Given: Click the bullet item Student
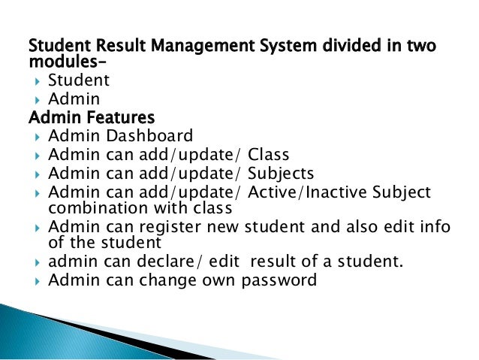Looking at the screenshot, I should coord(79,80).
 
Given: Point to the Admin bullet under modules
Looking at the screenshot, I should coord(74,98).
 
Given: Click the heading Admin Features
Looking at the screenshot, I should coord(91,117).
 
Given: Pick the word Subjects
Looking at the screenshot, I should coord(282,174).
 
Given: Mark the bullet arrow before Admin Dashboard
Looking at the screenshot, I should coord(37,137).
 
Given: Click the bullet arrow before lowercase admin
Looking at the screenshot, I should coord(37,262).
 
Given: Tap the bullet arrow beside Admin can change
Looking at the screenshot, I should coord(37,281).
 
